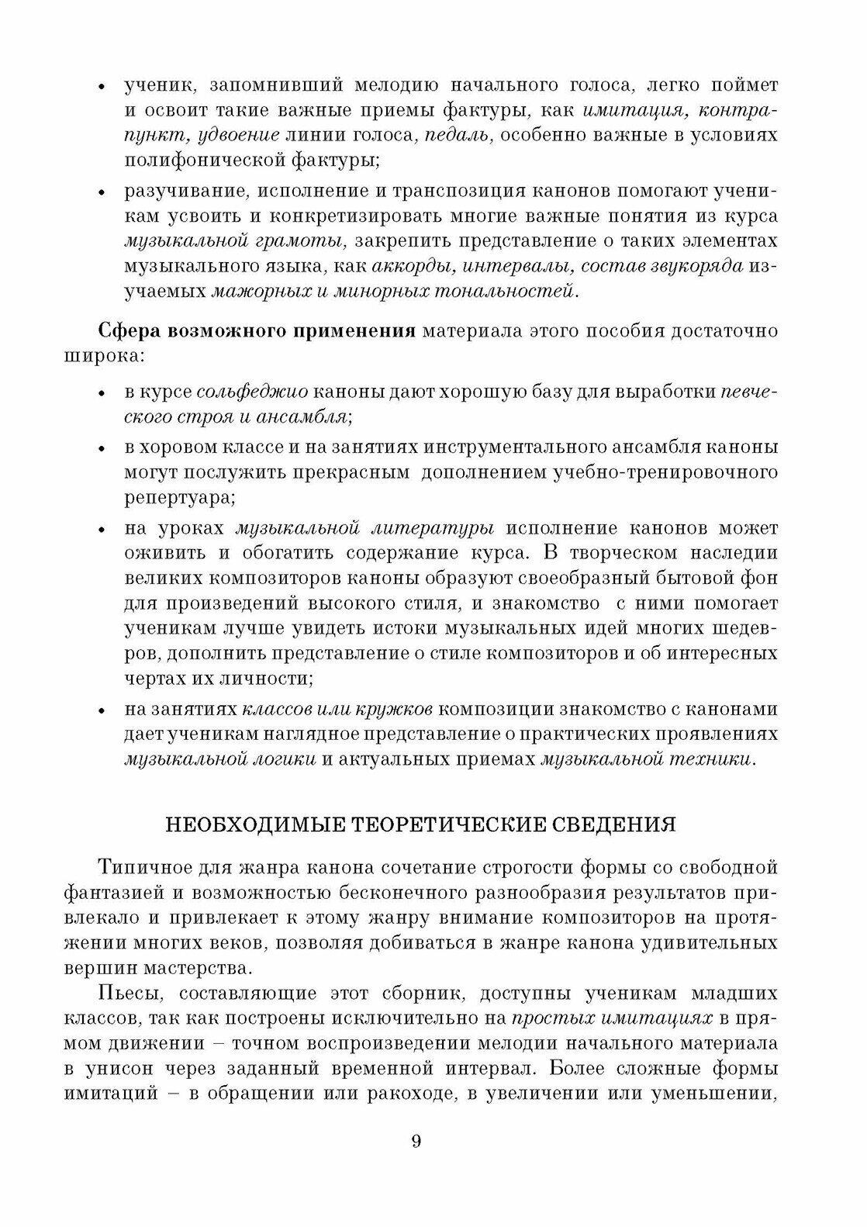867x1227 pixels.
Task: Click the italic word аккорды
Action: click(x=409, y=266)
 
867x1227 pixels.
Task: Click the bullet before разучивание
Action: click(x=102, y=192)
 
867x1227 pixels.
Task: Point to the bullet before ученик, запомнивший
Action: click(x=102, y=87)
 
